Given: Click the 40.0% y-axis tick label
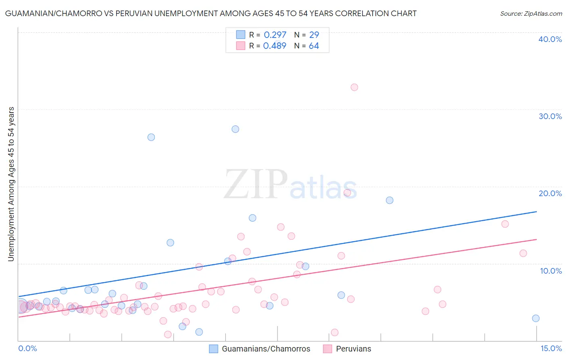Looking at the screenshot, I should pos(550,39).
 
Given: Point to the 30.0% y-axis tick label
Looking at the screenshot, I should pos(550,116).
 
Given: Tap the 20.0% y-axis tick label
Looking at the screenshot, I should pos(550,193).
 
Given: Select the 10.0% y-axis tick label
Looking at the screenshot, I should pos(550,271).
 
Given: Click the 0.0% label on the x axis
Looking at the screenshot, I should pos(27,348).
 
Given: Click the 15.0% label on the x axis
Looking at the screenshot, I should pos(551,348).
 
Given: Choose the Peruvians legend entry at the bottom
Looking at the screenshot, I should pos(353,349).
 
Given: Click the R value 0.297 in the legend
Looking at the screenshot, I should pos(275,35).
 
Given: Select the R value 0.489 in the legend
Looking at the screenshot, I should pos(275,46).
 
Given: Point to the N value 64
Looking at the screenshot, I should pos(314,46).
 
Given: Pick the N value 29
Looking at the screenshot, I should pos(314,35).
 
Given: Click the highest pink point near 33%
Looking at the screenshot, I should pos(354,87).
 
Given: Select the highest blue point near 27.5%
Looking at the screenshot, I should pos(235,129).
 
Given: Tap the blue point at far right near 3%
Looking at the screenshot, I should pos(536,318).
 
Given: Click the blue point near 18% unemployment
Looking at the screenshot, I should pos(389,200).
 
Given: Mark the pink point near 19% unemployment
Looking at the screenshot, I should pos(347,193).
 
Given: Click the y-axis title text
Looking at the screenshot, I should pos(11,184).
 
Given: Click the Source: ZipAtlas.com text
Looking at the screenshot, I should pos(531,14).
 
